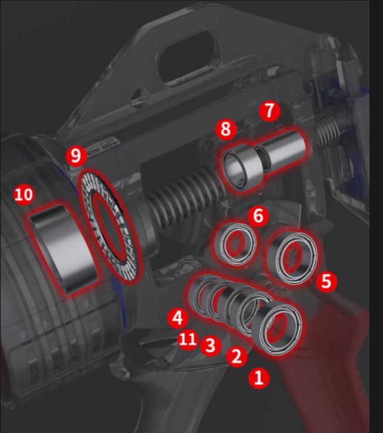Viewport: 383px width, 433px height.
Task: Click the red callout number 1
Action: pos(259,378)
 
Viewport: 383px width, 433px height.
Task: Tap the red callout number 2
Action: pos(237,356)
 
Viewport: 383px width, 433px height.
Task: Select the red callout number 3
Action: pos(211,345)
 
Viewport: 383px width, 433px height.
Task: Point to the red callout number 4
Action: pos(178,318)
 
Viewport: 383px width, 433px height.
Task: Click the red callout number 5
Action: pos(326,281)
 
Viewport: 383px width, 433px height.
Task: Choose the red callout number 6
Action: pos(258,216)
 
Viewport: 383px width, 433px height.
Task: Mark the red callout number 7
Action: pos(270,111)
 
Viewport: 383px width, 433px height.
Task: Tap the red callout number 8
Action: pos(226,129)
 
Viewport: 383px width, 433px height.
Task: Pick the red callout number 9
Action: pos(76,156)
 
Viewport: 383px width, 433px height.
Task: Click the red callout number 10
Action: pos(24,195)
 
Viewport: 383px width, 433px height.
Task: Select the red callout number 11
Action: pos(188,339)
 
